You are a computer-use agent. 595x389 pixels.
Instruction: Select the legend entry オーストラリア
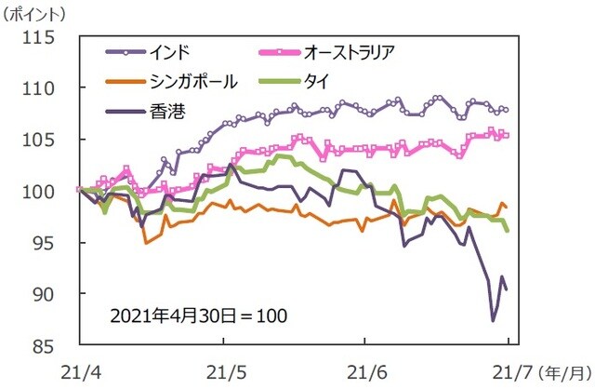pos(358,50)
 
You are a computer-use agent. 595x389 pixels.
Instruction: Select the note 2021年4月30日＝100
pos(198,315)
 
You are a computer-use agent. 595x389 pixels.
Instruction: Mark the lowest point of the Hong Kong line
pos(494,320)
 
